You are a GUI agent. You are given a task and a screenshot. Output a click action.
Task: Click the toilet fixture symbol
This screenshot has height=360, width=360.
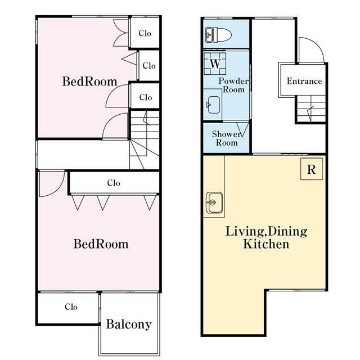218,35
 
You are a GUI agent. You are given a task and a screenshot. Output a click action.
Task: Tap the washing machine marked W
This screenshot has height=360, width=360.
215,64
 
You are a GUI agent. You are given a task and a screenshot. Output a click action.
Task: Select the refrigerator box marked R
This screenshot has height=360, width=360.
311,169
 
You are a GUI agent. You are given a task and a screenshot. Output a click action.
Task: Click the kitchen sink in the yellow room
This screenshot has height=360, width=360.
214,202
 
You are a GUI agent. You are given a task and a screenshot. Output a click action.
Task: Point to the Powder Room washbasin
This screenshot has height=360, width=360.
214,105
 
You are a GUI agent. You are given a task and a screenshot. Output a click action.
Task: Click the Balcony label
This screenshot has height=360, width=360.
129,325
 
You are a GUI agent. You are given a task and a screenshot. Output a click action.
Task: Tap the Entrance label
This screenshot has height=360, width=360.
304,81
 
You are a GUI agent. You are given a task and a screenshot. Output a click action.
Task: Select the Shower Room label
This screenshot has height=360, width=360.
226,138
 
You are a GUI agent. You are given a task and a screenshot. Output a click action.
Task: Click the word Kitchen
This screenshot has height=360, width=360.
266,244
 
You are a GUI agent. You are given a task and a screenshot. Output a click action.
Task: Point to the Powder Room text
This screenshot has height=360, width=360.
233,85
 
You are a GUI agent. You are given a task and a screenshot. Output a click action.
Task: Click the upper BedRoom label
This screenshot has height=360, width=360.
89,82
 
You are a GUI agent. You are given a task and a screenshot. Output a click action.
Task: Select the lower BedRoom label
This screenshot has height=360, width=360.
101,244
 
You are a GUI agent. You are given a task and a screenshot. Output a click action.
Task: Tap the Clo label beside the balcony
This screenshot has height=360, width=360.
71,307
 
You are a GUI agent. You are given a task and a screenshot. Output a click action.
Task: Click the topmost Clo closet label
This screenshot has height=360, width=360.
145,33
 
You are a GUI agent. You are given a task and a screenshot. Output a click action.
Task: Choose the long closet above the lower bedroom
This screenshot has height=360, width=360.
114,183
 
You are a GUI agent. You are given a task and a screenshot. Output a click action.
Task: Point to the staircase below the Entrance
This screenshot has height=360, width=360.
311,109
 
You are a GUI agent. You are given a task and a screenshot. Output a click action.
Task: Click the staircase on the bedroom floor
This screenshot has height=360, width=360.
145,140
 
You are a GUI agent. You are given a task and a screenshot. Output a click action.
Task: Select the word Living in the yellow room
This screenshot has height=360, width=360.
244,231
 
